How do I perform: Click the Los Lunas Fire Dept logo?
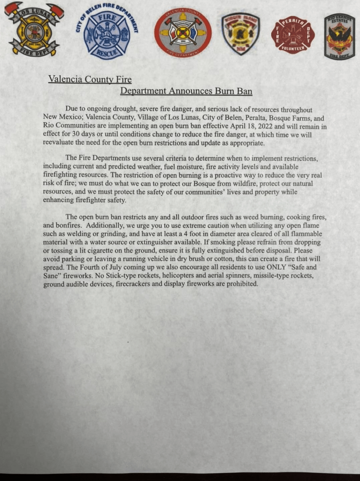click(34, 31)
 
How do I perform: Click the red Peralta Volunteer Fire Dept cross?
click(292, 35)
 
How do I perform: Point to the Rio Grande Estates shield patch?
click(339, 36)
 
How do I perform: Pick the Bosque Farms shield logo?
click(240, 34)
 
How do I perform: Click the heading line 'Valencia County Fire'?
click(90, 79)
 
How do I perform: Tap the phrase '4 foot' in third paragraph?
click(216, 234)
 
